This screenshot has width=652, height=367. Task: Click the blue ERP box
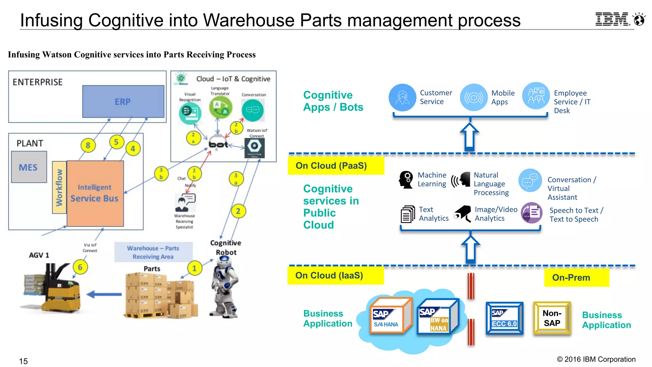123,101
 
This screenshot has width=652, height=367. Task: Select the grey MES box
29,167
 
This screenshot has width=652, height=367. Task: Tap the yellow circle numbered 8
88,145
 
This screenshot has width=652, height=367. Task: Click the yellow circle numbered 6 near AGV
80,267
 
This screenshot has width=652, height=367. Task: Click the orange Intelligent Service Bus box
95,193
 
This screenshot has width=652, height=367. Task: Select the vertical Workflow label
59,187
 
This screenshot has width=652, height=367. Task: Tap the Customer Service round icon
402,97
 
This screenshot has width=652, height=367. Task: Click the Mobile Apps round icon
473,97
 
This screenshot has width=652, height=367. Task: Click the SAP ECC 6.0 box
504,318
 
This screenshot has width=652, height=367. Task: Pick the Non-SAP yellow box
552,318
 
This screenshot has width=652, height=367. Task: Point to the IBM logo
612,19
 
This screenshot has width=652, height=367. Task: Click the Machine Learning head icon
406,180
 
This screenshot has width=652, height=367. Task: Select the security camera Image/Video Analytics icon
463,213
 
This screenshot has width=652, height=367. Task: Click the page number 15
23,361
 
